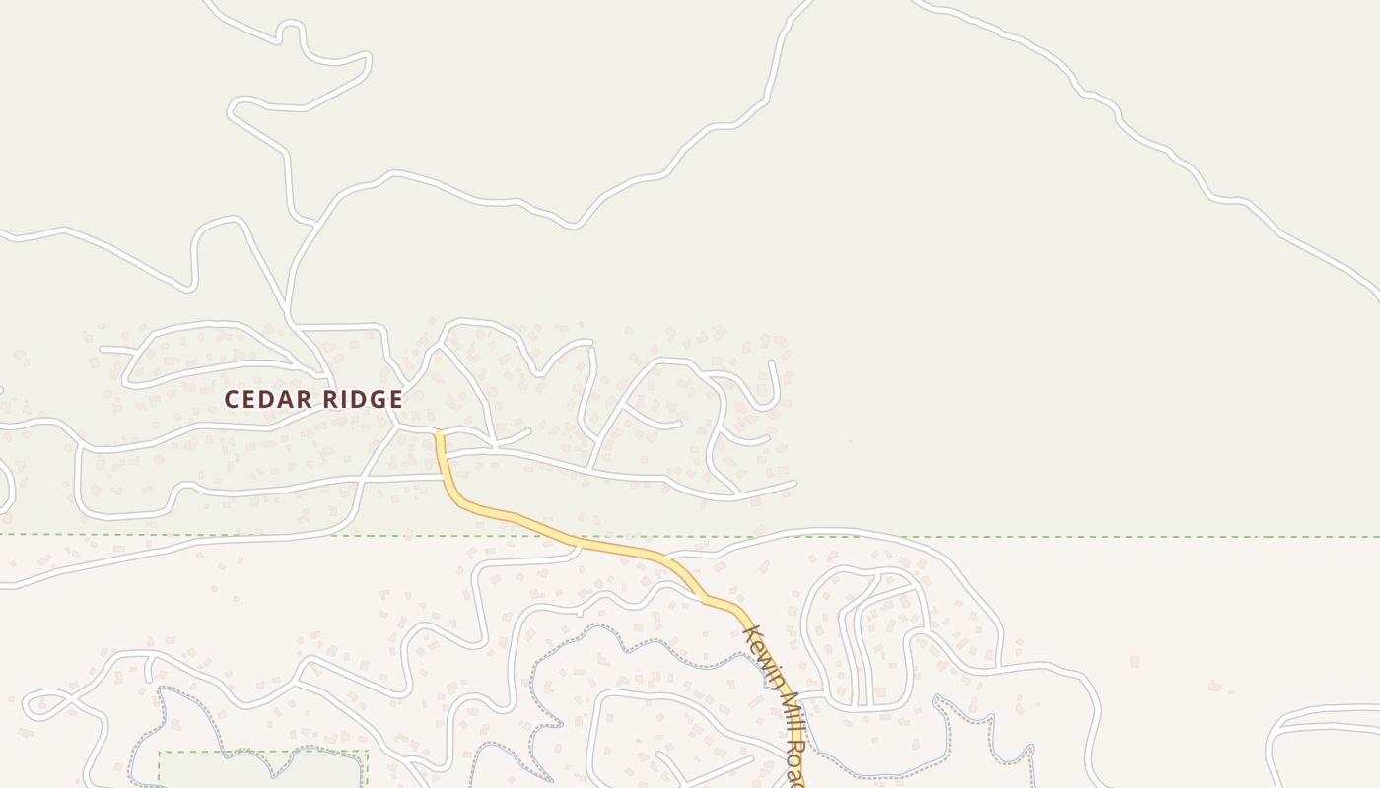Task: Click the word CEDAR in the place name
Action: pyautogui.click(x=267, y=399)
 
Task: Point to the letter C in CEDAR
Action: pyautogui.click(x=232, y=399)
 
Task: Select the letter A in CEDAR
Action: pyautogui.click(x=286, y=399)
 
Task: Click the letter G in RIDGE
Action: pyautogui.click(x=378, y=399)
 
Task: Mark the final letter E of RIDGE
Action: pyautogui.click(x=395, y=399)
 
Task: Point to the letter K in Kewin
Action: pyautogui.click(x=750, y=632)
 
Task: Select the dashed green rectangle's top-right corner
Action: pyautogui.click(x=367, y=753)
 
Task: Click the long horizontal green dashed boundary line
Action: pyautogui.click(x=1084, y=537)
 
